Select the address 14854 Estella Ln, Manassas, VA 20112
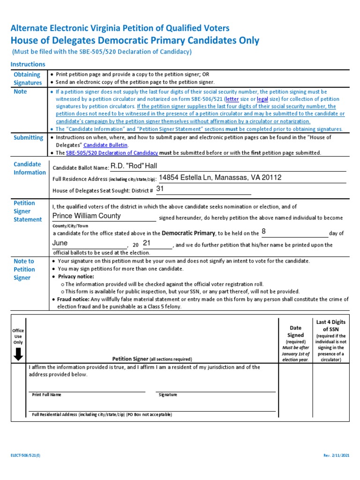220,178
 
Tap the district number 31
160,189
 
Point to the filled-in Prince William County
87,216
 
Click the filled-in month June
60,243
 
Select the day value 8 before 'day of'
263,232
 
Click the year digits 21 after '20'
147,243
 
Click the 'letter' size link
232,99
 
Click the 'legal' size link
262,99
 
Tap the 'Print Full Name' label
46,395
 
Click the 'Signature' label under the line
167,395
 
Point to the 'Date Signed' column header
295,331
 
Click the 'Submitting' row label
28,138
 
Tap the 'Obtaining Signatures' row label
27,79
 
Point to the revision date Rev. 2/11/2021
336,456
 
